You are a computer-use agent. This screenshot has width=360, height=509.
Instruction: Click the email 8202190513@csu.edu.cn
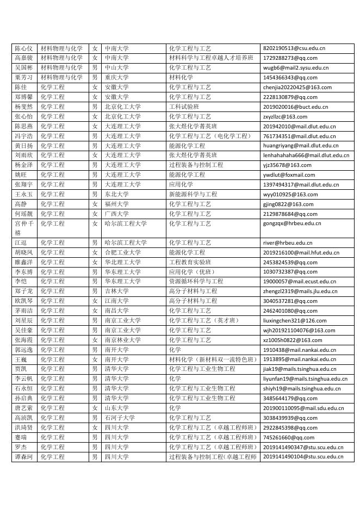tap(294, 48)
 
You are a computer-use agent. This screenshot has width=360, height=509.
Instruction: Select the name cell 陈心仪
tap(23, 48)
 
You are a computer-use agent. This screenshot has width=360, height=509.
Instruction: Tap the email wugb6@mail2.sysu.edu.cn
tap(296, 68)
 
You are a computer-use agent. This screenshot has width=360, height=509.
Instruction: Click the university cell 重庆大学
tap(117, 78)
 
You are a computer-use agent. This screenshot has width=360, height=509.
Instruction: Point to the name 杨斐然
tap(23, 107)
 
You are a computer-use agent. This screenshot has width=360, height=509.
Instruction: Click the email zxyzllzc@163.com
tap(285, 116)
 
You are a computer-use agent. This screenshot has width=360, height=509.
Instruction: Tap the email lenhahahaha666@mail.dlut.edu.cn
tap(306, 156)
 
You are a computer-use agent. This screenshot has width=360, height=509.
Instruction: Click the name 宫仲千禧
tap(23, 228)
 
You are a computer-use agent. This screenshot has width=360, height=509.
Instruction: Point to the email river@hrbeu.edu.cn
tap(288, 243)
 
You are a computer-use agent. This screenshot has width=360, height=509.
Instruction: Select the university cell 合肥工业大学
tap(123, 252)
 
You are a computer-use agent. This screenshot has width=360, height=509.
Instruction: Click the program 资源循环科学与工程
tap(196, 282)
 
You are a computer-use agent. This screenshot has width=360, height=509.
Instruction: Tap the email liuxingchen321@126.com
tap(295, 320)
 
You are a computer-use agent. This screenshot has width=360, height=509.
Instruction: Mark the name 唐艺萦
tap(23, 408)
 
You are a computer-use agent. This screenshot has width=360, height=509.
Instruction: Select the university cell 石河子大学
tap(120, 418)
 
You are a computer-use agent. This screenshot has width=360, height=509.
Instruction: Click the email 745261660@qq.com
tap(288, 437)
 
